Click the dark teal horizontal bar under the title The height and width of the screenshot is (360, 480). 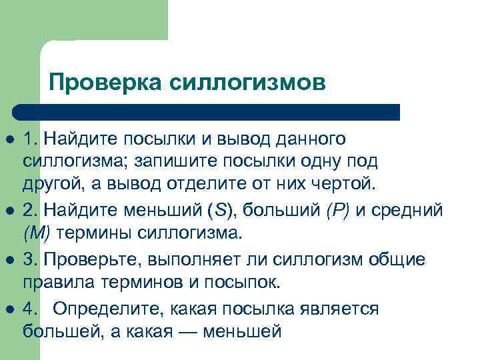pos(207,112)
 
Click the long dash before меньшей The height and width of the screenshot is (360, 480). pos(195,331)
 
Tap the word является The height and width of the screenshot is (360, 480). pos(341,309)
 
